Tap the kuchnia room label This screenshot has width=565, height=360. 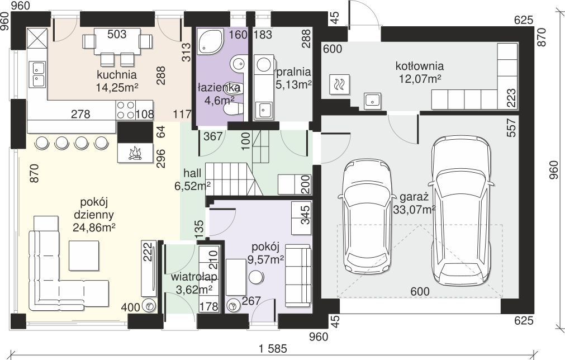click(x=117, y=75)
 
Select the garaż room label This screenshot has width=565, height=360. click(x=414, y=197)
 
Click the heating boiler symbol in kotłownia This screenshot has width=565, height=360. click(x=340, y=84)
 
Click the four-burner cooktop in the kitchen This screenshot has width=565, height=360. click(x=125, y=110)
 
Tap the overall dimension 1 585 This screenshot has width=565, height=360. click(x=272, y=348)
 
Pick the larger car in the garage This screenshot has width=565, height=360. click(x=462, y=210)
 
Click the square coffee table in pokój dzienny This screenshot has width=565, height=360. click(x=84, y=255)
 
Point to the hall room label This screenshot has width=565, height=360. click(x=192, y=173)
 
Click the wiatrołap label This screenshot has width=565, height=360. click(x=194, y=277)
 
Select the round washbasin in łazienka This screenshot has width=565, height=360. click(x=238, y=64)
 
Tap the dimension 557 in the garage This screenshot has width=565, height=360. click(x=511, y=128)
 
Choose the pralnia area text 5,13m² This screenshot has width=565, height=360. click(x=293, y=84)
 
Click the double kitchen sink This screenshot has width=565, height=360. click(x=38, y=74)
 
